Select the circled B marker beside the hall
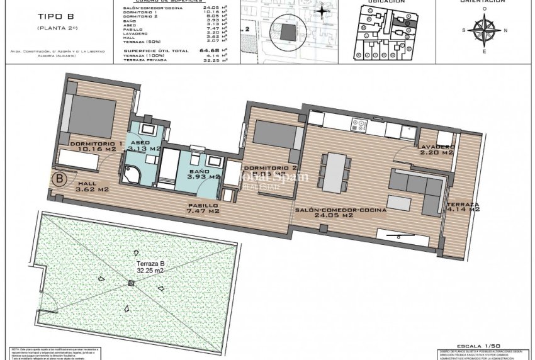click(60, 178)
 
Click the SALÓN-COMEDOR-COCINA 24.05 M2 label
click(341, 211)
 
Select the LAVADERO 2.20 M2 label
click(435, 149)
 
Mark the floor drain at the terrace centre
click(131, 283)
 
